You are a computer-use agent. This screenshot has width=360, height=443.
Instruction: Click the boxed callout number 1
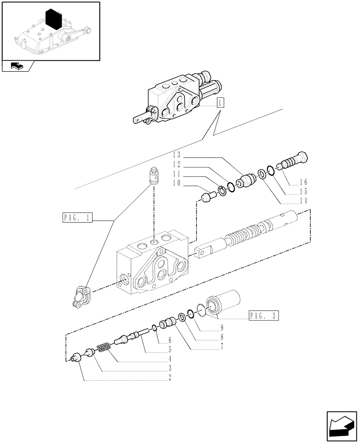click(x=220, y=103)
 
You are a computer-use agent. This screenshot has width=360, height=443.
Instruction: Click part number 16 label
click(x=304, y=182)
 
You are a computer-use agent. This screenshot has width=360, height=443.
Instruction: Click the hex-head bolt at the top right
click(x=293, y=163)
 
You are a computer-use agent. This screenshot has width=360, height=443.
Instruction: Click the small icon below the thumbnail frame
click(x=17, y=67)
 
